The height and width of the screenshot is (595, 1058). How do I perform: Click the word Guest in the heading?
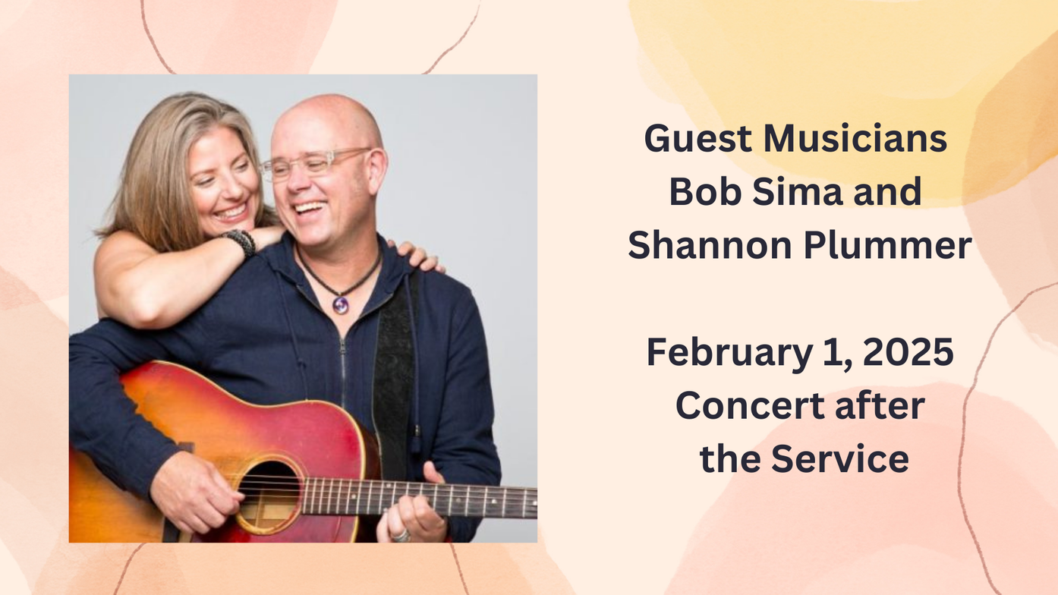tap(698, 138)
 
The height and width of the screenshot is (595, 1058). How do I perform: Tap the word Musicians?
tap(855, 138)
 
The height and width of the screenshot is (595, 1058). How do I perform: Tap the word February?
tap(729, 353)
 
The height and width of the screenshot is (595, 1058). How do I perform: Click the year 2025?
tap(908, 352)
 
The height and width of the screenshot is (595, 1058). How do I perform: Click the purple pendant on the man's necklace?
tap(341, 304)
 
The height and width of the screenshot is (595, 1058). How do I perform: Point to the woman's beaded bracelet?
tap(241, 241)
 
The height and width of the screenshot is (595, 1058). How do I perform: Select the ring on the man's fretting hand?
tap(401, 536)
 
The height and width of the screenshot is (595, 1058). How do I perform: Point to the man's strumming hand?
tap(194, 491)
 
